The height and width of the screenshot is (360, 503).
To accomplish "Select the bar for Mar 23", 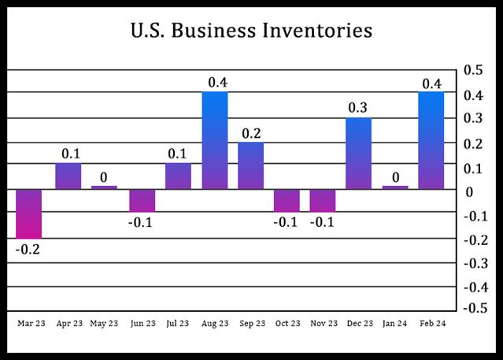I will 29,213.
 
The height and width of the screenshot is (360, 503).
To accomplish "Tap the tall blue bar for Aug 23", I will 215,140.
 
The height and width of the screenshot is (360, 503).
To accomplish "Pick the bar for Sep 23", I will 251,165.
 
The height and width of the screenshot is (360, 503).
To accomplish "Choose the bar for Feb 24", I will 431,140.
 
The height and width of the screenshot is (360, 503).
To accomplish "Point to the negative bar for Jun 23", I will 142,201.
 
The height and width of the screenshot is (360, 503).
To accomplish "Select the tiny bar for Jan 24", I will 395,187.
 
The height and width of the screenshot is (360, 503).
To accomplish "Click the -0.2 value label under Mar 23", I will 29,251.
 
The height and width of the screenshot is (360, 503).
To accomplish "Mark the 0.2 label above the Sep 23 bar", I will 251,132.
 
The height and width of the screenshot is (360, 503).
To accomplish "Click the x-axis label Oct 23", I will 288,323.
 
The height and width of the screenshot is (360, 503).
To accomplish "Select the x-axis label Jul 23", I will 178,323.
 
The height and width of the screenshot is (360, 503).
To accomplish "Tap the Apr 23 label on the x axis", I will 68,323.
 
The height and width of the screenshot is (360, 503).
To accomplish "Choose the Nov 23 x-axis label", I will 324,323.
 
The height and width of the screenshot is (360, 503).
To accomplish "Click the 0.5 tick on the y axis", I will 474,70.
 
